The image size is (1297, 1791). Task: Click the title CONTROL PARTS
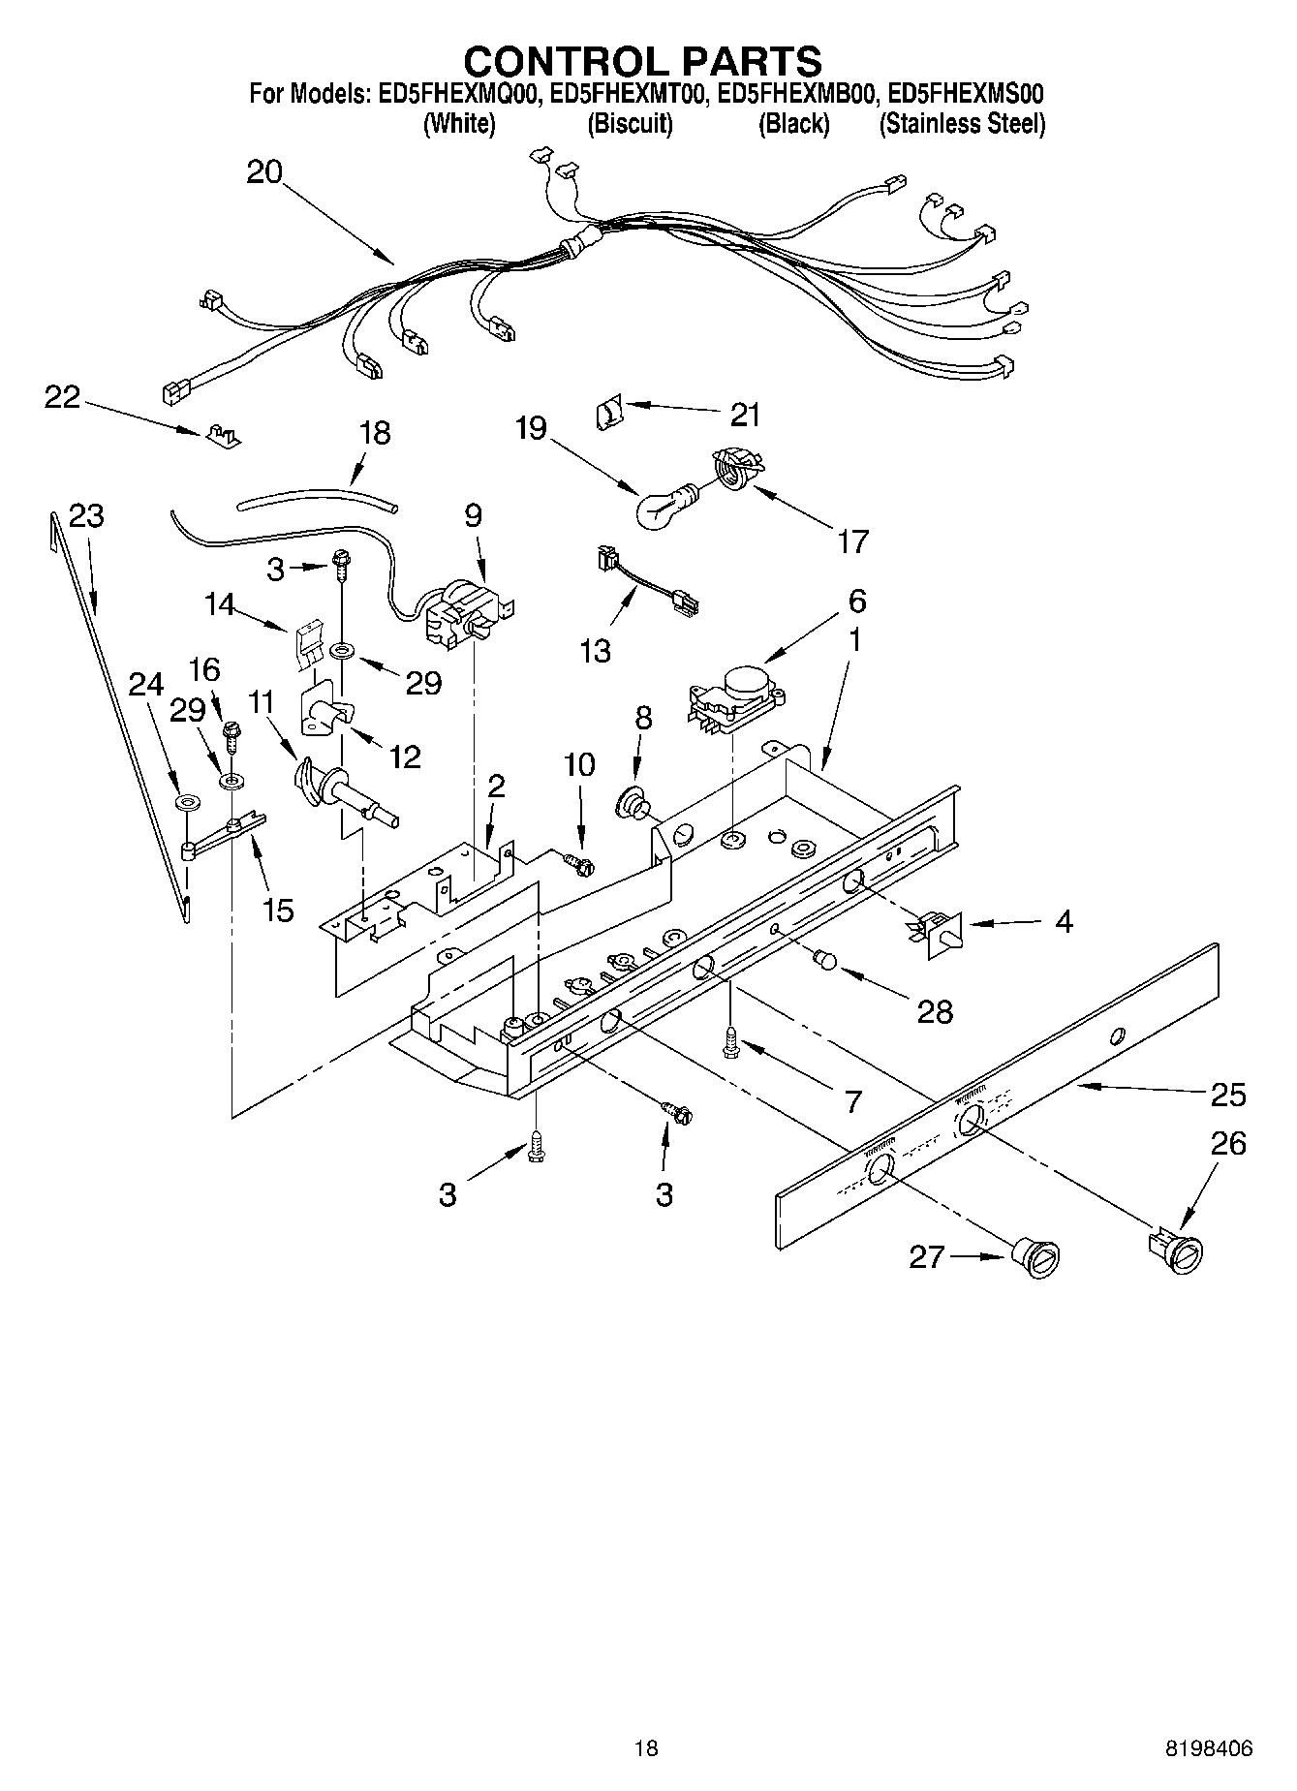(642, 62)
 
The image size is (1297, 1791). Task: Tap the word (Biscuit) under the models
(630, 124)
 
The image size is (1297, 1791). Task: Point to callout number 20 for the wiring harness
(263, 172)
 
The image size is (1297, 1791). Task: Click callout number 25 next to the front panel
(1227, 1095)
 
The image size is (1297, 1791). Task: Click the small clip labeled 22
(222, 434)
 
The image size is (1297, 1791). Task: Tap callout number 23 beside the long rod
(86, 516)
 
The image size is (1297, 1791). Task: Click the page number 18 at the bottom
(646, 1748)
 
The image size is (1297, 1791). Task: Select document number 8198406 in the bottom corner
(1209, 1748)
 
